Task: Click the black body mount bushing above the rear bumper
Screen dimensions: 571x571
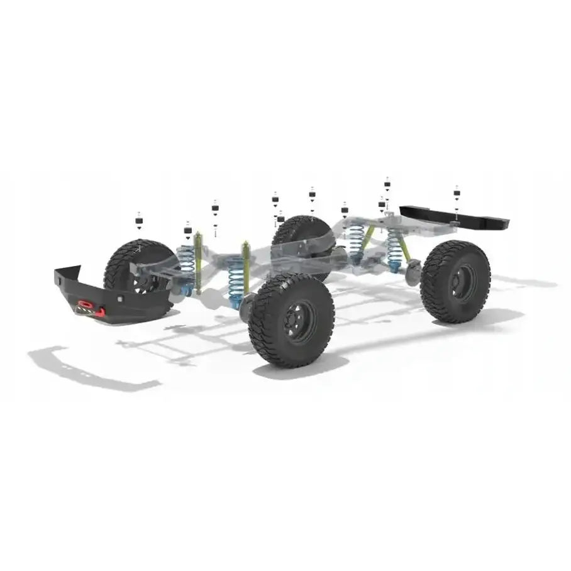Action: tap(457, 191)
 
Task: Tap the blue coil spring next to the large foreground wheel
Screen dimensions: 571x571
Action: tap(236, 280)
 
